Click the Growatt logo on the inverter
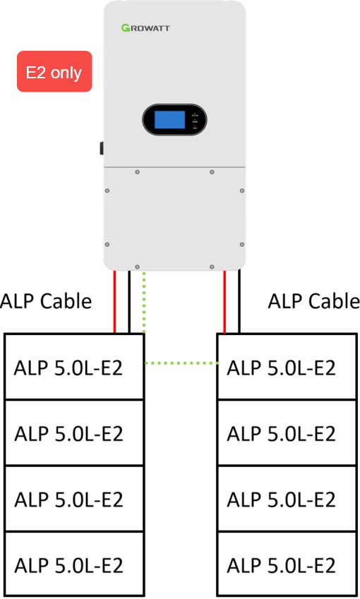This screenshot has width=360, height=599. [x=145, y=28]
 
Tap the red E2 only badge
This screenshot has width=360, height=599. [x=54, y=71]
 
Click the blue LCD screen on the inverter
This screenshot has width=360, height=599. [x=169, y=119]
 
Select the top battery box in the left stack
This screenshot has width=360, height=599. [x=74, y=367]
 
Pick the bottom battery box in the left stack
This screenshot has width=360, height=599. [x=74, y=564]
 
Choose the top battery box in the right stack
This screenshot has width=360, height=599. [x=287, y=367]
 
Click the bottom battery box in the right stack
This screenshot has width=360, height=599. [x=287, y=564]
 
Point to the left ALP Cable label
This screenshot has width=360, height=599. [x=46, y=301]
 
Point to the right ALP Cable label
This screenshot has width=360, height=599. [x=313, y=301]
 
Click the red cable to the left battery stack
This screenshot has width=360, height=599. [x=114, y=302]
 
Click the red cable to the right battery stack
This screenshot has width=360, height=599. [x=224, y=302]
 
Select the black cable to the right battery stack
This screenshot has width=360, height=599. [x=239, y=302]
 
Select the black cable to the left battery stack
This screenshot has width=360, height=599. [x=129, y=302]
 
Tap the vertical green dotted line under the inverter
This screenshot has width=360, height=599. [x=144, y=303]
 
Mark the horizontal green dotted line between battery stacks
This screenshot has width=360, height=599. [x=181, y=363]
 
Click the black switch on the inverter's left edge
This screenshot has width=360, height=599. [x=102, y=148]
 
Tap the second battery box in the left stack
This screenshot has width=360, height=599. [x=74, y=432]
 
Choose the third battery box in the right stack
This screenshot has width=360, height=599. [x=287, y=499]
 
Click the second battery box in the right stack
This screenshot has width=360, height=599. [x=287, y=432]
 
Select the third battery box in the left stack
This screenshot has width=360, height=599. [x=74, y=499]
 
